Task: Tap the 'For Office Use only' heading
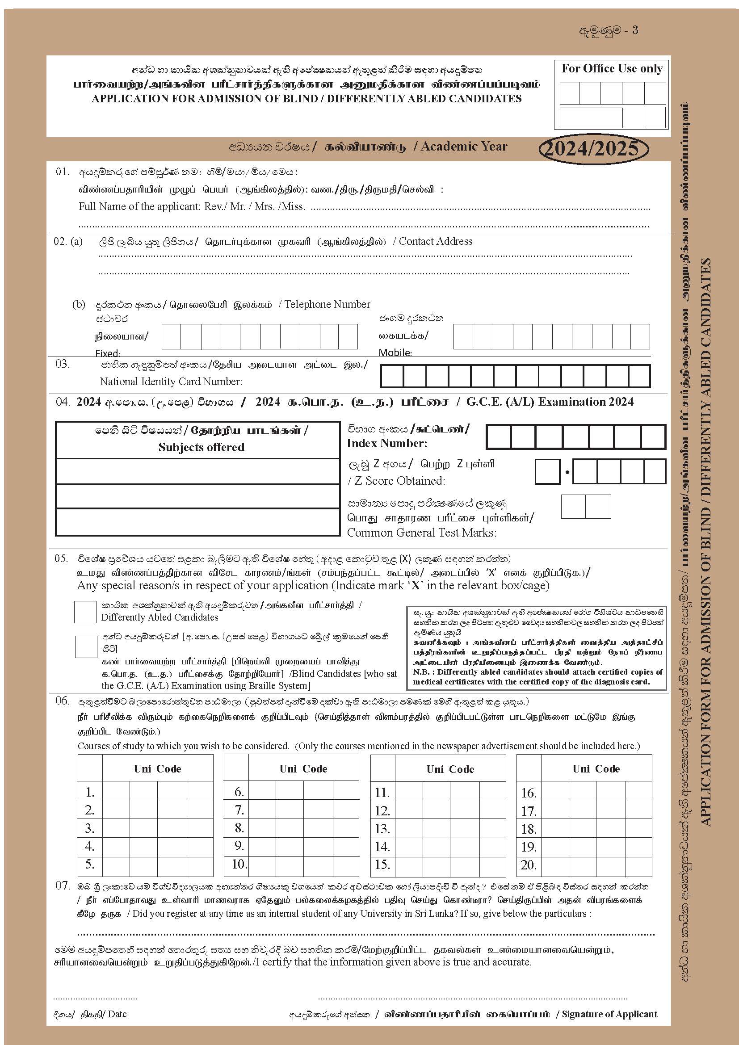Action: tap(612, 69)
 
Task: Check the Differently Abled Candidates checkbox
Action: tap(85, 612)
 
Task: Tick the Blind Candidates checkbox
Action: tap(85, 646)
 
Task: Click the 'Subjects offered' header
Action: tap(201, 447)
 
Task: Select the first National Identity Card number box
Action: tap(392, 376)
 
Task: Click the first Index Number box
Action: tap(498, 436)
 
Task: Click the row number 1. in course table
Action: tap(90, 792)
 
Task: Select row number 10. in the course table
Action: tap(239, 864)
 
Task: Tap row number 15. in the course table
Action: tap(382, 865)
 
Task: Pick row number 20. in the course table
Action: tap(529, 865)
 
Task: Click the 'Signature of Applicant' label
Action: tap(609, 1014)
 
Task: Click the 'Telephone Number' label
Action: tap(327, 304)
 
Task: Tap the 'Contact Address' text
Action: tap(436, 241)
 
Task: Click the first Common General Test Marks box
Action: tap(573, 507)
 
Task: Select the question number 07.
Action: tap(63, 886)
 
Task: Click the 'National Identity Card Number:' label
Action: tap(171, 382)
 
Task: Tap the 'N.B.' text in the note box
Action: tap(420, 672)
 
